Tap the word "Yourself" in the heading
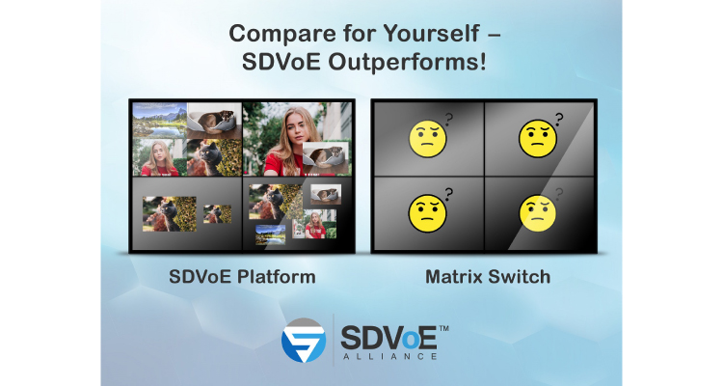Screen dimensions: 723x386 [x=432, y=33]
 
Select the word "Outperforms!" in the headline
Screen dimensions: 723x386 [x=407, y=62]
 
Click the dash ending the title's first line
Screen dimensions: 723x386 [x=494, y=35]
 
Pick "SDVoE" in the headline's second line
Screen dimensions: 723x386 [x=281, y=62]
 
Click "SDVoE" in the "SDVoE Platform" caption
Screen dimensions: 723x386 [x=200, y=277]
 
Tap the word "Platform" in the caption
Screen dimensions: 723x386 [x=277, y=277]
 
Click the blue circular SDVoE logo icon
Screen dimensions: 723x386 [x=304, y=341]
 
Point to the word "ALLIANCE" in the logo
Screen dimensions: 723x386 [x=389, y=356]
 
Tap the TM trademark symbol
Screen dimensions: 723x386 [x=443, y=329]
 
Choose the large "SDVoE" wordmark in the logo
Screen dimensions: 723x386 [x=388, y=338]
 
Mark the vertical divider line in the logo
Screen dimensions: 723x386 [x=334, y=340]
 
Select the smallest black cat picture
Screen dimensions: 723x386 [x=218, y=214]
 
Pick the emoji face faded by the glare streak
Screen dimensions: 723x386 [x=538, y=213]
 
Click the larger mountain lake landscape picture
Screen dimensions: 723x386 [x=159, y=121]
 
